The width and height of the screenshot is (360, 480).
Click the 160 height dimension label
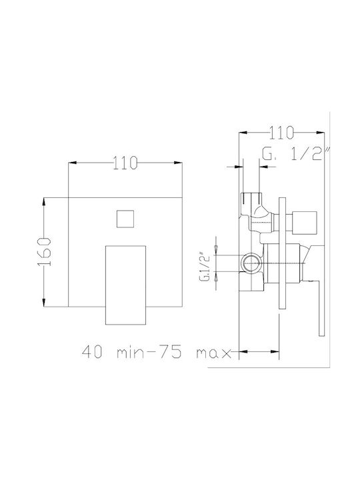(x=44, y=251)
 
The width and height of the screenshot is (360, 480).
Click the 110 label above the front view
(x=125, y=163)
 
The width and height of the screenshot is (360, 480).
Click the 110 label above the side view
(x=281, y=133)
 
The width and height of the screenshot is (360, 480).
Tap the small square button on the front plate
(x=125, y=219)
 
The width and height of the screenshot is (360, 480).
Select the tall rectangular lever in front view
(x=125, y=285)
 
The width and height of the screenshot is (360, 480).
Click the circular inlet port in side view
(x=251, y=263)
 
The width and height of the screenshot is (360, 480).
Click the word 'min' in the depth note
(x=131, y=353)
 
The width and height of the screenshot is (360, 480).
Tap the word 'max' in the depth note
(x=213, y=353)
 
